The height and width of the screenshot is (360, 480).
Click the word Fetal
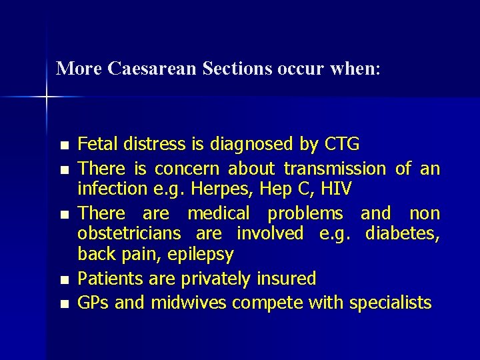tap(95, 144)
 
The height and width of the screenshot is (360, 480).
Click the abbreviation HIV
tap(335, 190)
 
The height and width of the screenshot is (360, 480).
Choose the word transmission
tap(335, 168)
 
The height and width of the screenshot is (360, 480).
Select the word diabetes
tap(407, 234)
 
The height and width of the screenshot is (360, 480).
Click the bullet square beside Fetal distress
tap(63, 145)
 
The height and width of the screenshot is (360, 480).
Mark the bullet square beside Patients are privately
tap(63, 279)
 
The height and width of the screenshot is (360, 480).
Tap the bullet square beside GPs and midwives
tap(63, 303)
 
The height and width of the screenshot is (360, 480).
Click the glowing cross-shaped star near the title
tap(47, 97)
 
